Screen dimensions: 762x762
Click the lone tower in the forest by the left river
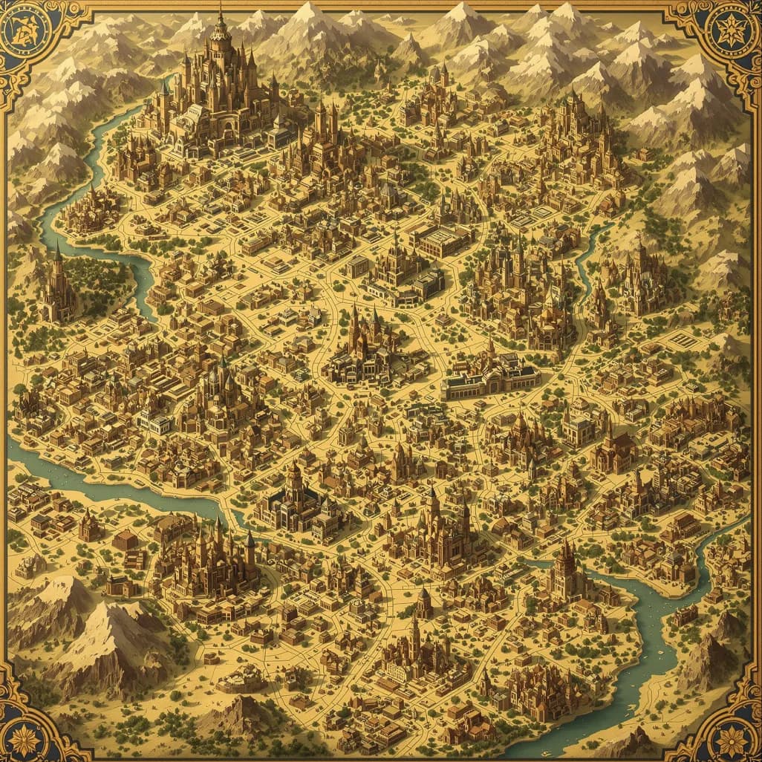click(x=58, y=286)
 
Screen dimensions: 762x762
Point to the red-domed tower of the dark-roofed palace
click(x=296, y=479)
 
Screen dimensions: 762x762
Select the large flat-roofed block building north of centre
click(x=441, y=240)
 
